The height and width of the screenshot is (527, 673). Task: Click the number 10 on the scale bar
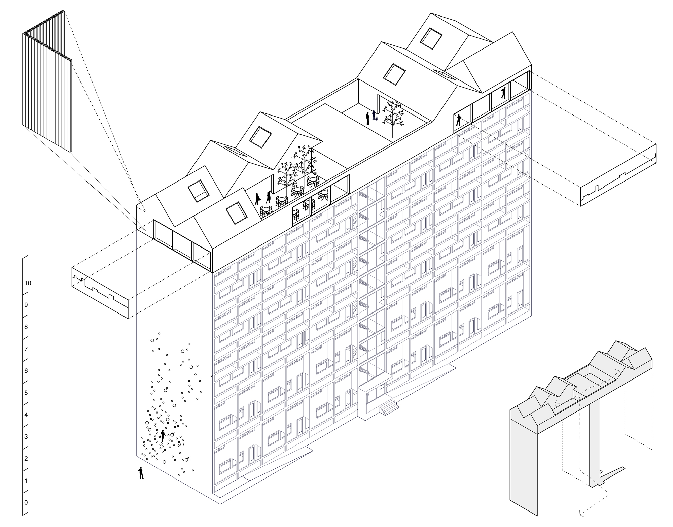coord(28,283)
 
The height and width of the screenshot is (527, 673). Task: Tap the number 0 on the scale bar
coord(26,503)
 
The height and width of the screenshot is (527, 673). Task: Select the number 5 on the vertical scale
coord(26,393)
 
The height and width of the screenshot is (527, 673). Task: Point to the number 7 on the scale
coord(26,349)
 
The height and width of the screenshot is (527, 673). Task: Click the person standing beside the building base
coord(141,473)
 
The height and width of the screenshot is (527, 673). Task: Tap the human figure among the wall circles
coord(163,436)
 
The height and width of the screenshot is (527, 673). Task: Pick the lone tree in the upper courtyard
coord(392,116)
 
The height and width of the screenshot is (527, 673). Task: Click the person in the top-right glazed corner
coord(504,93)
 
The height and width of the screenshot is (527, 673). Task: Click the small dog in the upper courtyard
coord(378,119)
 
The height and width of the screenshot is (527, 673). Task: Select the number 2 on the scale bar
coord(26,459)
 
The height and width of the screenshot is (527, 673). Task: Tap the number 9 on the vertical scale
coord(26,305)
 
